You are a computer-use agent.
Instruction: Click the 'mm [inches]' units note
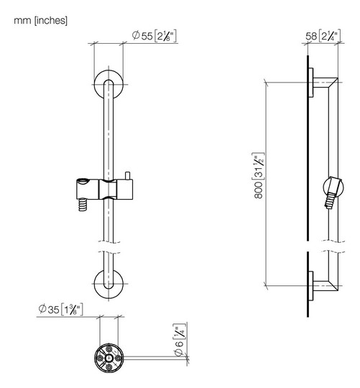tap(40, 21)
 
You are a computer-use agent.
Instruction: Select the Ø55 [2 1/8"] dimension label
tap(154, 36)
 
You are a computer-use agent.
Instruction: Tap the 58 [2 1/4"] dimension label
tap(323, 36)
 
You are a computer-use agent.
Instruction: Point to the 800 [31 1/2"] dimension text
tap(259, 175)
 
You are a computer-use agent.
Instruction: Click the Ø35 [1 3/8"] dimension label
tap(60, 309)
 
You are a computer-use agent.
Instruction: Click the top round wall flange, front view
tap(109, 85)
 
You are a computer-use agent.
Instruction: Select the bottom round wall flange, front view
tap(109, 284)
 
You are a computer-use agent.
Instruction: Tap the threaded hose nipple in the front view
tap(83, 205)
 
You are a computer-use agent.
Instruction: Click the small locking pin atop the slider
tap(128, 175)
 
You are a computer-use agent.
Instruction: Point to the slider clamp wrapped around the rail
tap(108, 189)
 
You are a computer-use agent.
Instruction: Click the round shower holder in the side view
tap(333, 187)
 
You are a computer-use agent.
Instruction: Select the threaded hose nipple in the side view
tap(330, 200)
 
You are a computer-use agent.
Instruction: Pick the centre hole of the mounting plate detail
tap(109, 358)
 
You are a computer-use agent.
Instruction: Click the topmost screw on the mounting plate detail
tap(109, 349)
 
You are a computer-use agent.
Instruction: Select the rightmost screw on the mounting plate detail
tap(118, 358)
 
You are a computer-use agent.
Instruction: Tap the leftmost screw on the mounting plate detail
tap(100, 358)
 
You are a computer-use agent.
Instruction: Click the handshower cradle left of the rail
tap(88, 188)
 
